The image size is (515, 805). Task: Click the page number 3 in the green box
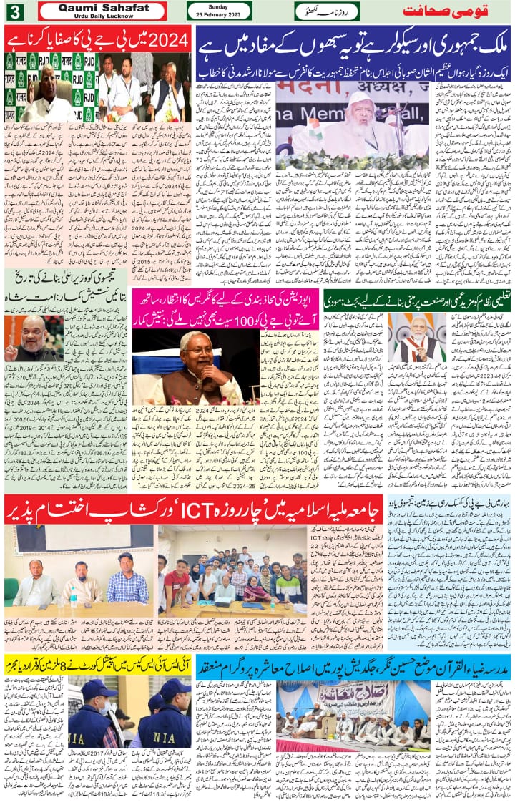coord(14,11)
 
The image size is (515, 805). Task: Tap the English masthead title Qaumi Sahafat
coord(102,7)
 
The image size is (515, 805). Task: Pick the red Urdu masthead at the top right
coord(457,11)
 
